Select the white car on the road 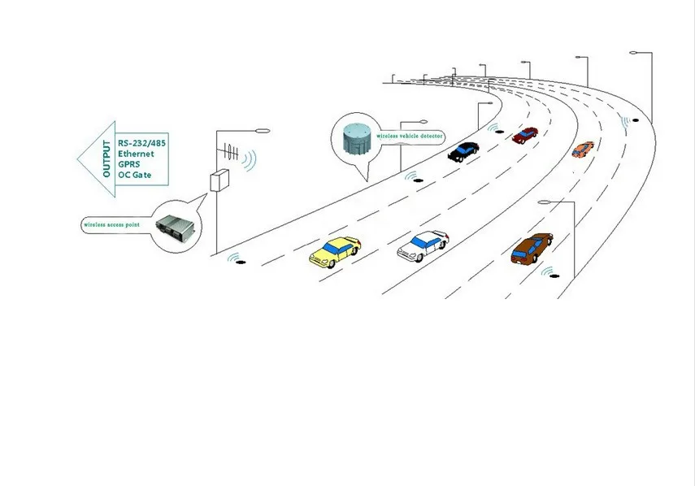(423, 245)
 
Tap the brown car (532, 247)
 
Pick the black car (463, 150)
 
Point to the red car (525, 134)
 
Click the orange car (583, 149)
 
